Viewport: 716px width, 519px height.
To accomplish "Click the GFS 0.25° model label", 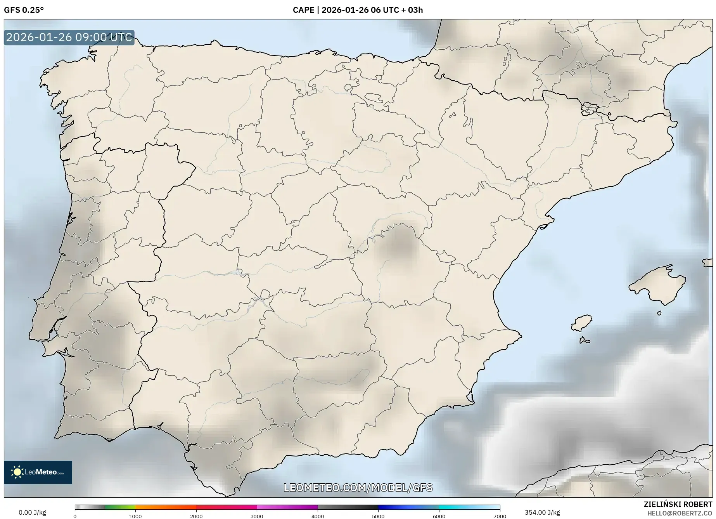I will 24,10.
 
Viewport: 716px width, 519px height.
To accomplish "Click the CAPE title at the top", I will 358,10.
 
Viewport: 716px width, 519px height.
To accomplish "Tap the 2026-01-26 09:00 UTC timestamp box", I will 69,38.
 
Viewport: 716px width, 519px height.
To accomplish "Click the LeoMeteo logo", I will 38,472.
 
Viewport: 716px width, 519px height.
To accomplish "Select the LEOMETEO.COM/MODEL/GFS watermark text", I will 358,488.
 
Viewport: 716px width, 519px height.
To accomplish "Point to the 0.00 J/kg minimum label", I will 32,512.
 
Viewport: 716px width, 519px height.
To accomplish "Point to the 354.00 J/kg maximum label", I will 542,512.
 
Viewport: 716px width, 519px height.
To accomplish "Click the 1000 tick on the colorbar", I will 135,516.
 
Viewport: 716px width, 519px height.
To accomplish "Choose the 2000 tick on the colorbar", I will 196,516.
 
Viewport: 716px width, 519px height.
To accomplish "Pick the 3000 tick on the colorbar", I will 257,516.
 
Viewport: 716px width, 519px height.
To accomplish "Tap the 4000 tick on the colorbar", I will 318,516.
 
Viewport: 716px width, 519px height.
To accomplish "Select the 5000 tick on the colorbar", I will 378,516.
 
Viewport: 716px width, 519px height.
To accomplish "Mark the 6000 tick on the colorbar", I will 439,516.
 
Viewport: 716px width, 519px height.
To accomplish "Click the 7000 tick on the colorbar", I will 500,516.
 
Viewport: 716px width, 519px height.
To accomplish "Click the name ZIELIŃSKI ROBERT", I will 678,505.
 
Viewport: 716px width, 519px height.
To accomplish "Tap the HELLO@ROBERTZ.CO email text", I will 680,513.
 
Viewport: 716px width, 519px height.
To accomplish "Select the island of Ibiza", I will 582,323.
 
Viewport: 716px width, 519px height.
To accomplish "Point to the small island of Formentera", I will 585,340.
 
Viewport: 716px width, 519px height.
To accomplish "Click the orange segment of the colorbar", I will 166,507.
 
